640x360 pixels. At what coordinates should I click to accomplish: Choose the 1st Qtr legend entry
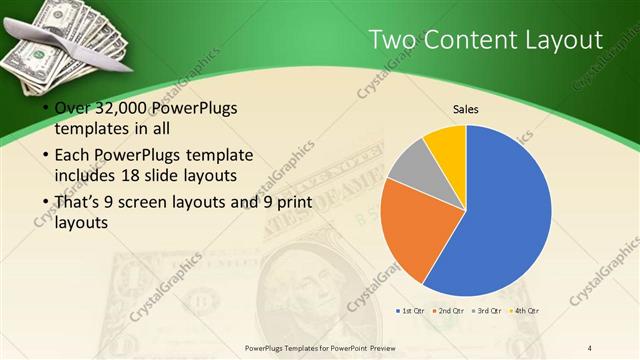click(411, 311)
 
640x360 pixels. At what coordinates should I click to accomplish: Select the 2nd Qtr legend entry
click(450, 311)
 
